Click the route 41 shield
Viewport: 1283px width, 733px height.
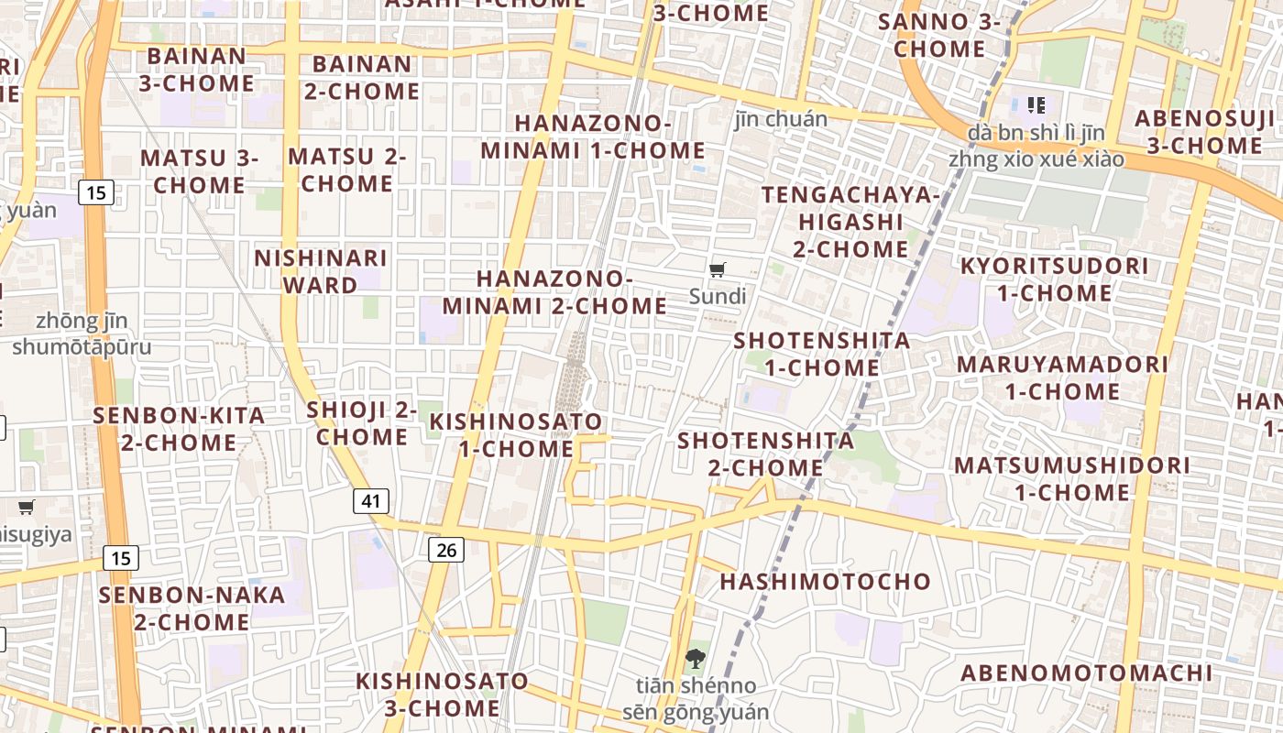pos(370,501)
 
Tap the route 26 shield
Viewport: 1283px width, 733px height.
pos(445,550)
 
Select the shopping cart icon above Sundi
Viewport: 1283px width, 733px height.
pos(718,270)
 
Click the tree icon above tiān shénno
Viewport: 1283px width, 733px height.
pos(695,658)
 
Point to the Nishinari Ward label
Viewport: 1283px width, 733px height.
pos(321,271)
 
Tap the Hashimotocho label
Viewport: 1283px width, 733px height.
pos(825,582)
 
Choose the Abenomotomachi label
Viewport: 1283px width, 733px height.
pos(1086,673)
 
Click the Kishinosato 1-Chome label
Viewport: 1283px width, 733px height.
pos(517,435)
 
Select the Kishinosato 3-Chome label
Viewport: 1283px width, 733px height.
pos(442,695)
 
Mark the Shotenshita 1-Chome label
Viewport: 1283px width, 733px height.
pos(822,355)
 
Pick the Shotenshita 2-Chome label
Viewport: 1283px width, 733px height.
pos(765,454)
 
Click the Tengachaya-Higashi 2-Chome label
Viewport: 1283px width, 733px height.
pos(850,222)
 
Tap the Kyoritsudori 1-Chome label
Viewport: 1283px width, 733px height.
pos(1054,279)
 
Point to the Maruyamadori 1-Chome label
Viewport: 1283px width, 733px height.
pos(1063,377)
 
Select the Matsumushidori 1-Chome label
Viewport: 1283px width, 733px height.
pos(1072,478)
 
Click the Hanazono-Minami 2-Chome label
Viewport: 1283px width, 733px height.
pos(554,292)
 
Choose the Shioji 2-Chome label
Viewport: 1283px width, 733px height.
pos(362,423)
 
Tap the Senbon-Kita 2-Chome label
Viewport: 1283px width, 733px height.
pos(179,429)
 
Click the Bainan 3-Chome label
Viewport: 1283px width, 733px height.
pos(196,70)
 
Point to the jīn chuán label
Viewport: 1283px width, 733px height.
pos(781,119)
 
